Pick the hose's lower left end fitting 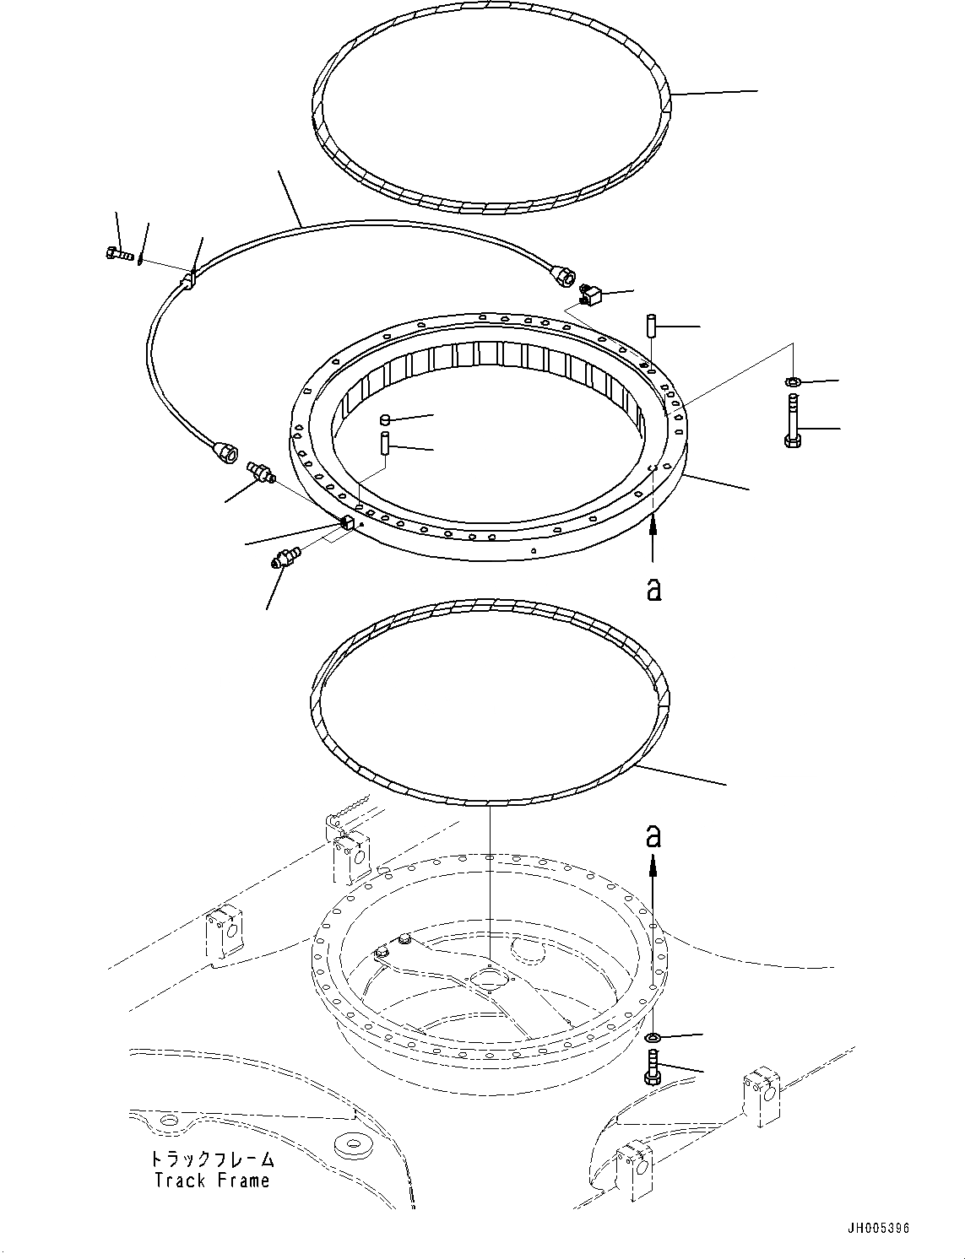click(226, 453)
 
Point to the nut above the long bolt click(793, 382)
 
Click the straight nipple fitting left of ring click(260, 473)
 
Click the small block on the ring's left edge click(345, 523)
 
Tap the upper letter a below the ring click(653, 588)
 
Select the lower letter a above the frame click(653, 836)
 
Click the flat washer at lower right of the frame click(654, 1036)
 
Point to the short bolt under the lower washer click(653, 1067)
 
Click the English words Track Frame click(212, 1180)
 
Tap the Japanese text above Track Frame click(212, 1158)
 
